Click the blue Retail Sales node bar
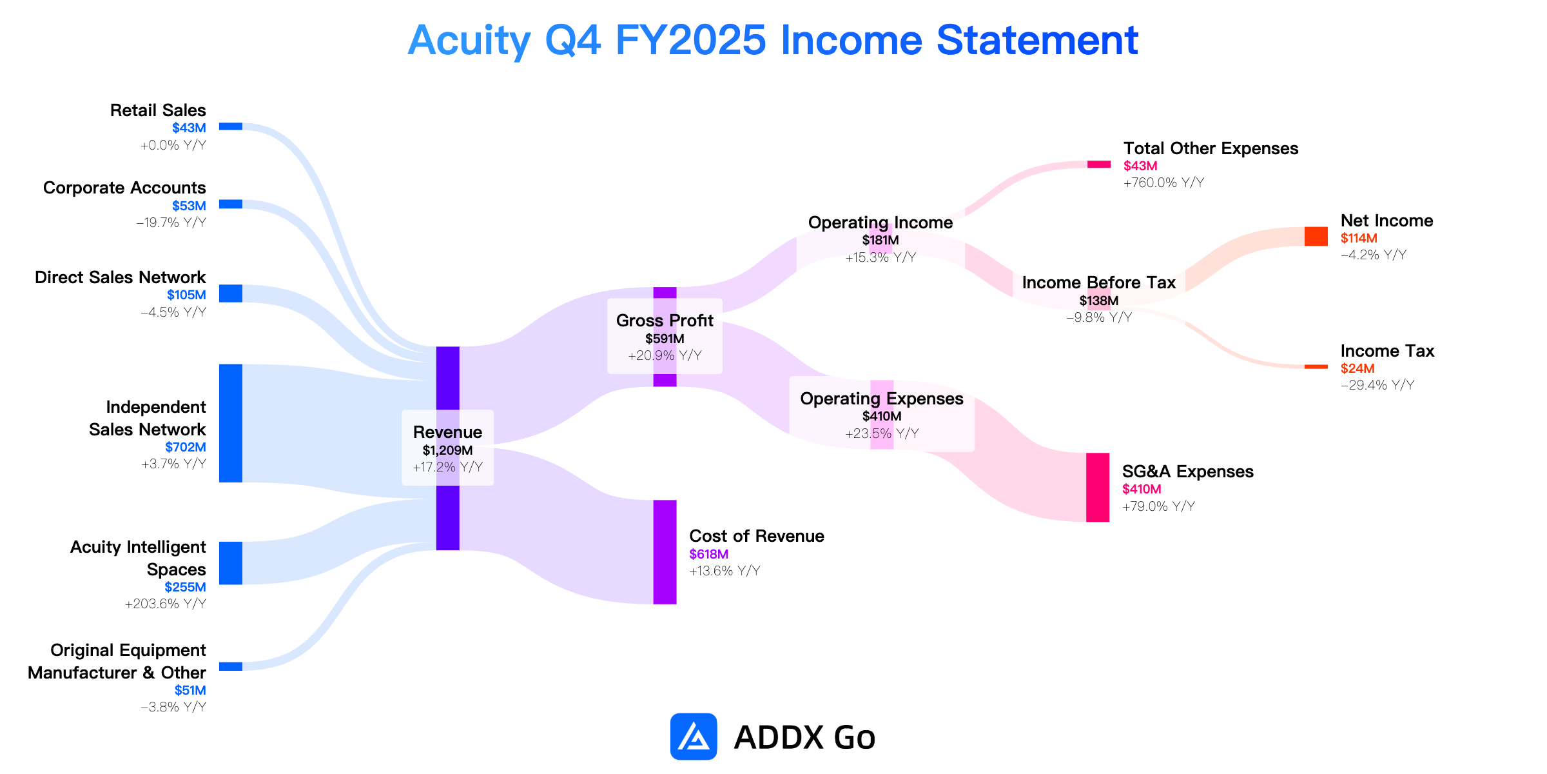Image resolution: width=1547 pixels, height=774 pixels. click(231, 126)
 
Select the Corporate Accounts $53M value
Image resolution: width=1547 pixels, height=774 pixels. click(189, 206)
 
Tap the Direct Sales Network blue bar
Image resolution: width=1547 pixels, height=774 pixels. click(231, 293)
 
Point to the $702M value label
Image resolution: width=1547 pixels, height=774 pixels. click(186, 447)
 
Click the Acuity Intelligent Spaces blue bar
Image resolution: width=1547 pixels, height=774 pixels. click(231, 563)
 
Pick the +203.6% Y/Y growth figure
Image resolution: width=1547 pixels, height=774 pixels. click(166, 604)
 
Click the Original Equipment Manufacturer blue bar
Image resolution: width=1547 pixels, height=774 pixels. click(231, 666)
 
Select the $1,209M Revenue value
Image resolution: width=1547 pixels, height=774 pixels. click(448, 450)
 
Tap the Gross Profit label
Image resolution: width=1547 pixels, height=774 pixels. click(665, 321)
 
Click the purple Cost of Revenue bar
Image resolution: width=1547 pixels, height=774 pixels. click(665, 552)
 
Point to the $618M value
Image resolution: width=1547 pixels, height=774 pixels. click(709, 554)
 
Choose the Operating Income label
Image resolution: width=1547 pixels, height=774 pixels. click(881, 223)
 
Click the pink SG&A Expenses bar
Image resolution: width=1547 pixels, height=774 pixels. click(1098, 488)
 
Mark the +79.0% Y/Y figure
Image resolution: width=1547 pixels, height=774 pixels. click(1159, 506)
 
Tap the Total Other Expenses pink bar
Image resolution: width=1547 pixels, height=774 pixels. click(1099, 164)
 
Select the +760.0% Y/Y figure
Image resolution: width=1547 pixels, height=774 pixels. click(1164, 183)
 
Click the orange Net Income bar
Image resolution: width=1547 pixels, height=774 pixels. click(1316, 236)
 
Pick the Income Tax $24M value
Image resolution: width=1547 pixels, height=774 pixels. click(1357, 368)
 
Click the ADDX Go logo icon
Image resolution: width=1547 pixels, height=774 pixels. click(694, 737)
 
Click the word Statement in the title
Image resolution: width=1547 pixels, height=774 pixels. click(1037, 40)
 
